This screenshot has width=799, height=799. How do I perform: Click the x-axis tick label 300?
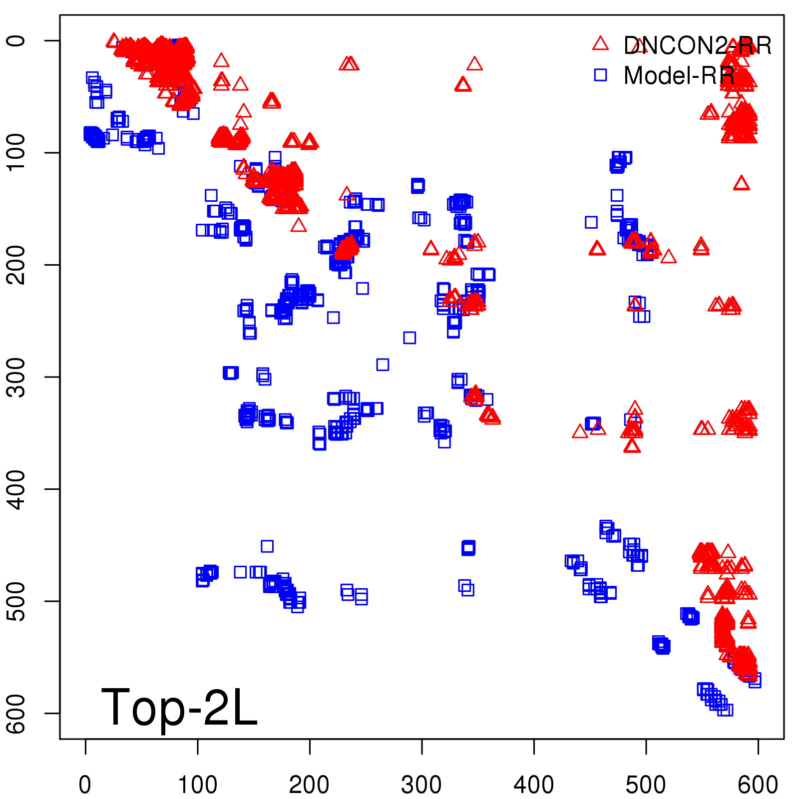[x=421, y=785]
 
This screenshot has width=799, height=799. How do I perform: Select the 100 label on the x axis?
[x=198, y=785]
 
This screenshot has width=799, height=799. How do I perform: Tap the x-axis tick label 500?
[x=646, y=785]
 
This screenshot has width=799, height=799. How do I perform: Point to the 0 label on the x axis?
[x=85, y=785]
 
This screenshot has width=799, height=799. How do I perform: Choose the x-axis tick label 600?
[x=758, y=785]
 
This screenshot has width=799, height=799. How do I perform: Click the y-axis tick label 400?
[x=18, y=489]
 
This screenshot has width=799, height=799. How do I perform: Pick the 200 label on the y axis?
[x=18, y=265]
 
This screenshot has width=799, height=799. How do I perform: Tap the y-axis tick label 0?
[x=18, y=40]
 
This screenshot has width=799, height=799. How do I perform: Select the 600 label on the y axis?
[x=18, y=714]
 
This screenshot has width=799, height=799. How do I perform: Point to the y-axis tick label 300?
[x=18, y=377]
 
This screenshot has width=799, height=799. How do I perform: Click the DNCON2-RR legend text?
[x=697, y=46]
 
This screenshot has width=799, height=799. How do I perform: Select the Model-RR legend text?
[x=679, y=76]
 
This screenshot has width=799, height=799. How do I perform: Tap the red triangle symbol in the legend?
[x=600, y=44]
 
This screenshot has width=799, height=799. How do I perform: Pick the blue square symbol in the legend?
[x=600, y=75]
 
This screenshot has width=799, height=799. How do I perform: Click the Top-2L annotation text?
[x=179, y=707]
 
